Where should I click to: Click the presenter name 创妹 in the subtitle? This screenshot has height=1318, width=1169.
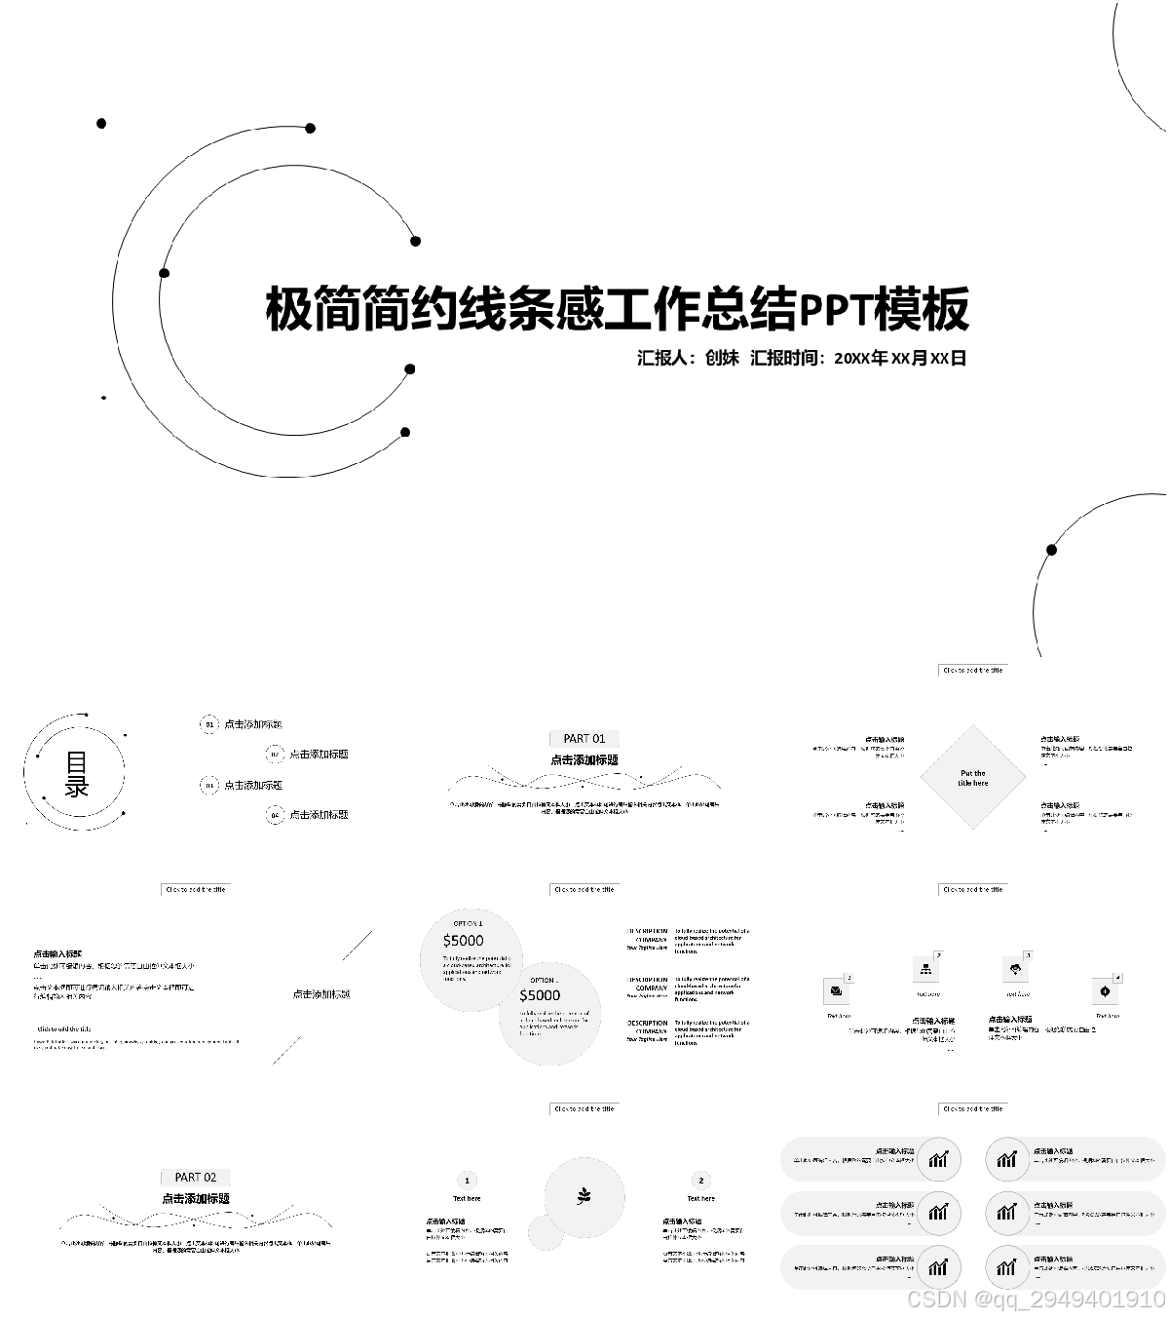tap(722, 358)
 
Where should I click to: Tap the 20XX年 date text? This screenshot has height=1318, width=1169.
tap(861, 358)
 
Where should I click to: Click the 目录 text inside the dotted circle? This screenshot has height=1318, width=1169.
tap(77, 774)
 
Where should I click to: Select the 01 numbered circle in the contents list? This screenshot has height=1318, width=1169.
tap(208, 724)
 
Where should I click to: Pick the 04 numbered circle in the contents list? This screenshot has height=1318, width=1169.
tap(275, 814)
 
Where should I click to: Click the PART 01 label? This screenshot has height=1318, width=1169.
tap(584, 738)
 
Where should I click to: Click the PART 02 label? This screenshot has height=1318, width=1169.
tap(195, 1177)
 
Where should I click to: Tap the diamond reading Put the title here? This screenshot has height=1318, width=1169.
tap(972, 777)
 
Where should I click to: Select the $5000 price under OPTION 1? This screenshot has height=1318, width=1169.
tap(463, 941)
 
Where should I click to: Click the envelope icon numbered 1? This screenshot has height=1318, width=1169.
tap(836, 991)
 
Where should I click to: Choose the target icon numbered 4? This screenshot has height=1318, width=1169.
tap(1105, 991)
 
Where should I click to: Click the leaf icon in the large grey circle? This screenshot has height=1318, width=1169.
tap(584, 1196)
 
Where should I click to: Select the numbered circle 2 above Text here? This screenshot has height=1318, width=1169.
tap(700, 1180)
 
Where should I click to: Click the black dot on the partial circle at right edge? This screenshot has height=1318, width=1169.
tap(1051, 550)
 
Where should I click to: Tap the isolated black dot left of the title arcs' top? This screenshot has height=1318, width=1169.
tap(101, 123)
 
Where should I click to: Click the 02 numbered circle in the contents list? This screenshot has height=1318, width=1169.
tap(275, 754)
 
